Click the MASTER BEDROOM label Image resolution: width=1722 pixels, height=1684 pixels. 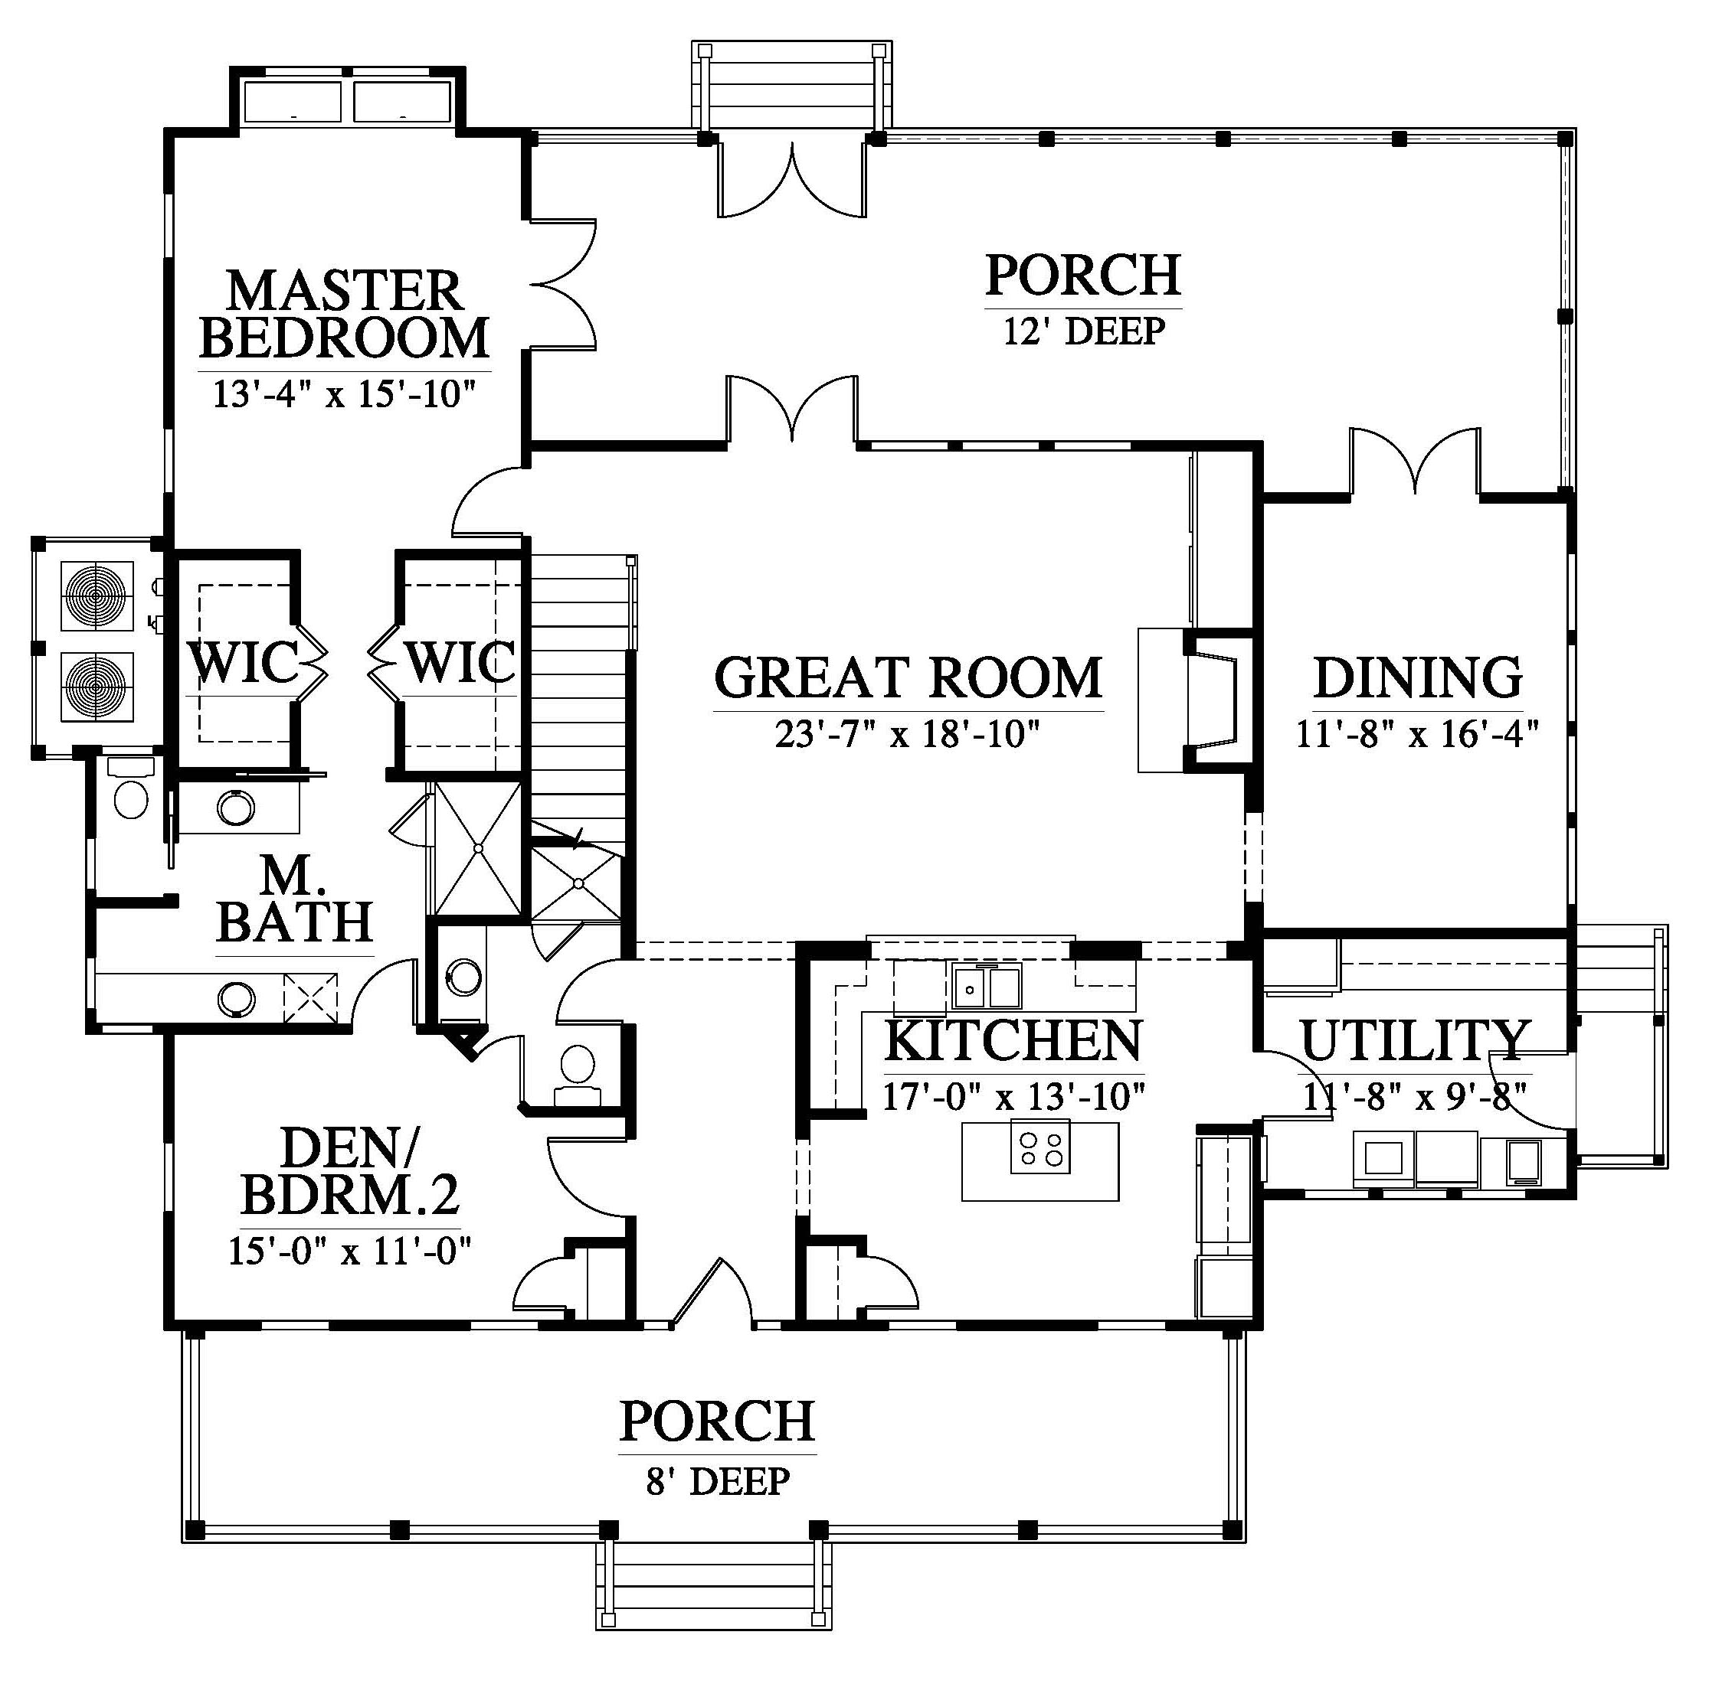pos(344,315)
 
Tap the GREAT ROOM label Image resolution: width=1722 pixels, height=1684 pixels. pos(908,677)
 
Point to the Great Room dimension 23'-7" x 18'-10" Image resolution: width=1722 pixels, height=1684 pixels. pos(905,734)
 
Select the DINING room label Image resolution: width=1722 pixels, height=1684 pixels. pos(1418,677)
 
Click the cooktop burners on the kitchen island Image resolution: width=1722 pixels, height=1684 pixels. pos(1039,1147)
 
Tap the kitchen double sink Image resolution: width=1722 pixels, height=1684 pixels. pos(987,986)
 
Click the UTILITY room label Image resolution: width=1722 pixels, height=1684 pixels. pos(1415,1040)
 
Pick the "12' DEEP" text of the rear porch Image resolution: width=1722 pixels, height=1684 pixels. pos(1084,331)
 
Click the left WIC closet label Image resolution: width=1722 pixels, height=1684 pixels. pos(244,661)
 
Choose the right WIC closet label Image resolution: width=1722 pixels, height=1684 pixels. pos(460,661)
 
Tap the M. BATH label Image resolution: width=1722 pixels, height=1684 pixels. pos(294,899)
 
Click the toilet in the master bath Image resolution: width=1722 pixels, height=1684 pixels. pos(132,791)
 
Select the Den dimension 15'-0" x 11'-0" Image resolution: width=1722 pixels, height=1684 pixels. pos(349,1251)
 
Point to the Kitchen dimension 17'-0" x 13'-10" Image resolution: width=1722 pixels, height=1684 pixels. pos(1014,1097)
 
